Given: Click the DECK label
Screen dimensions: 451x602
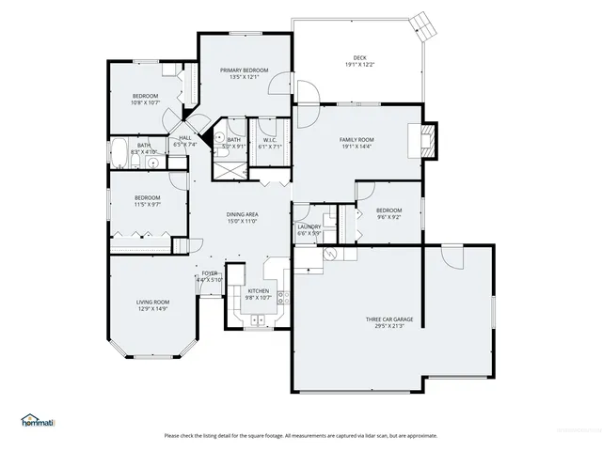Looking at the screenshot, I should [x=357, y=57].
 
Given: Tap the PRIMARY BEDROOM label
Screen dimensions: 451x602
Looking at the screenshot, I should [x=245, y=70].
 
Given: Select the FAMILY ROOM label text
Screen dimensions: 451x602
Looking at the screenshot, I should [x=357, y=139].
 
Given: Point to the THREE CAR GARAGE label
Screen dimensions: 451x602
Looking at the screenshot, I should [x=389, y=319].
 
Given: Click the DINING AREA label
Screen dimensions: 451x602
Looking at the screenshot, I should [x=243, y=215].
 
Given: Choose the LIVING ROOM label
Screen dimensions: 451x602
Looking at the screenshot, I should [x=153, y=302].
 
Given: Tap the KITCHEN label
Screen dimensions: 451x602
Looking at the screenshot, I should [x=259, y=291].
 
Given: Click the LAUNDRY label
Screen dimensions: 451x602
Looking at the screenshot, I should [x=309, y=226].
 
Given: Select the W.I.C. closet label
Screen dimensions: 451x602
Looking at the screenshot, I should [x=269, y=140].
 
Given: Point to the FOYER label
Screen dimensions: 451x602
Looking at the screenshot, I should [x=209, y=273].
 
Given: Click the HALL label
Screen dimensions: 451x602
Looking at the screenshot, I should [x=185, y=138].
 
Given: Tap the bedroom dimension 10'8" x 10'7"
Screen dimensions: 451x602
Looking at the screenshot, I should [x=146, y=103].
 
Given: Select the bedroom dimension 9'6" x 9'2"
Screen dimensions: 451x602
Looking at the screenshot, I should [x=388, y=217].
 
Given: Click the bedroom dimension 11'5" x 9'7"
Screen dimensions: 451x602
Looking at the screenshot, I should [x=148, y=204].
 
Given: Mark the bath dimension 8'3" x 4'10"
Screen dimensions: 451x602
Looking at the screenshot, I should [x=144, y=152].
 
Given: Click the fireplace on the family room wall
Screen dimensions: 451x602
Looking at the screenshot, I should [x=429, y=142].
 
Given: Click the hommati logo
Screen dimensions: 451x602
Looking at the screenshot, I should [x=38, y=422].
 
